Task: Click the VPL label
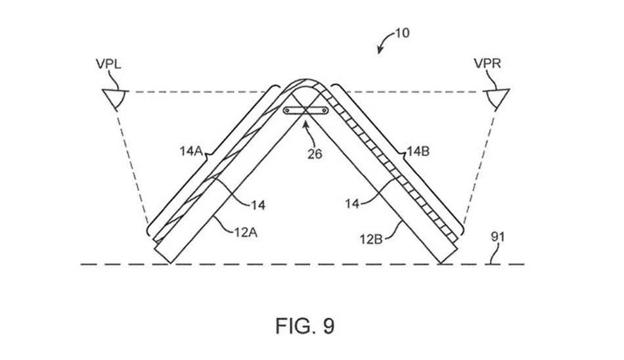(108, 64)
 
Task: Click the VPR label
(487, 63)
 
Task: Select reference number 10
(402, 33)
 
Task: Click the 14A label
(191, 151)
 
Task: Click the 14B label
(418, 151)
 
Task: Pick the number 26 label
(315, 154)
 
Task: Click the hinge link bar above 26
(305, 110)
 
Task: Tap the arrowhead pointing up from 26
(305, 125)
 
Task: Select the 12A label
(245, 232)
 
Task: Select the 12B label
(371, 239)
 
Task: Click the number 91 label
(497, 237)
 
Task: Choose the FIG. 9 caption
(305, 326)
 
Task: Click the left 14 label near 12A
(258, 205)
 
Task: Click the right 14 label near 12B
(352, 204)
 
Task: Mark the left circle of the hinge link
(286, 110)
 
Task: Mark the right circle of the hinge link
(324, 110)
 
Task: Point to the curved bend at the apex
(305, 80)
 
